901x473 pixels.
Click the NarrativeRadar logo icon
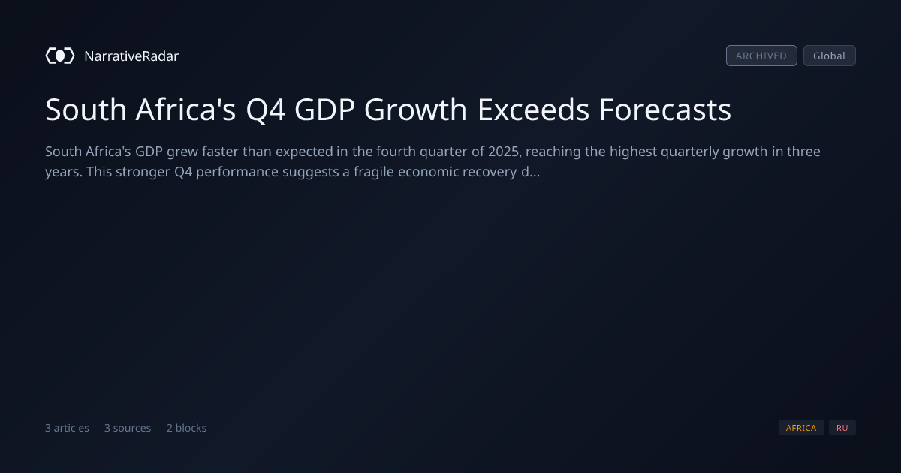click(x=60, y=56)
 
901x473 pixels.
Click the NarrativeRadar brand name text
click(x=131, y=56)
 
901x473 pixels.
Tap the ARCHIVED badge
click(x=761, y=56)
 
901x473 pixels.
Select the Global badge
click(x=830, y=56)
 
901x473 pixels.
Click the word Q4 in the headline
click(x=266, y=110)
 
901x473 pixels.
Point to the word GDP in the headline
click(x=324, y=110)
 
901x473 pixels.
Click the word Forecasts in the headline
click(x=665, y=110)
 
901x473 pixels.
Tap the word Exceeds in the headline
click(x=533, y=110)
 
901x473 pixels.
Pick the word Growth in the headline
click(x=415, y=110)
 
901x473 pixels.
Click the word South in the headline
click(x=86, y=110)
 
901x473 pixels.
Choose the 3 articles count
click(x=67, y=428)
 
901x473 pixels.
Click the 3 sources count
click(x=128, y=428)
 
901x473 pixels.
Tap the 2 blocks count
click(x=187, y=428)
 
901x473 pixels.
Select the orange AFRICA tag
click(x=801, y=428)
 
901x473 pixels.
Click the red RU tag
click(x=842, y=428)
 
